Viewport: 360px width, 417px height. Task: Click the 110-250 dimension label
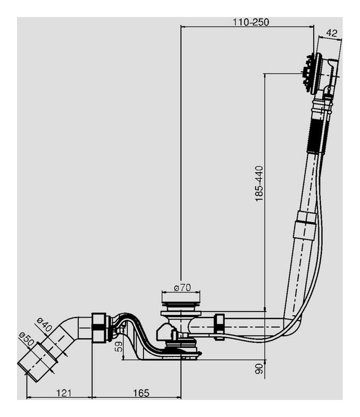tap(250, 22)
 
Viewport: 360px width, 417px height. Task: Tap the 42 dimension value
tap(331, 33)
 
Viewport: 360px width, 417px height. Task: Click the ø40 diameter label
tap(44, 323)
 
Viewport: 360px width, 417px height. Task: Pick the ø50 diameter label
tap(27, 339)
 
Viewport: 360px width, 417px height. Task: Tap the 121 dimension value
tap(63, 393)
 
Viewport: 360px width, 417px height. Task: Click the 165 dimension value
tap(140, 393)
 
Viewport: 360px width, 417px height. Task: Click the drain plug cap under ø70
tap(180, 307)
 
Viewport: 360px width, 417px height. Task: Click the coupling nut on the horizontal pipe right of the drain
tap(219, 326)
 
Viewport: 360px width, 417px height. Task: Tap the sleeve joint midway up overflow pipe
tap(305, 226)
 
